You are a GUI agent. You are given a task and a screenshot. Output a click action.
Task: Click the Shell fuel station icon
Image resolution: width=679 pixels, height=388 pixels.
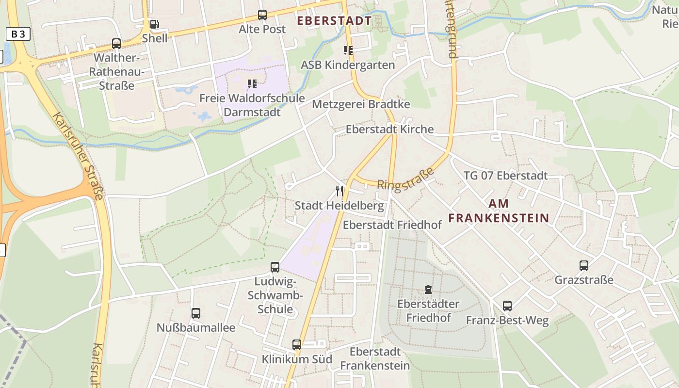point(154,24)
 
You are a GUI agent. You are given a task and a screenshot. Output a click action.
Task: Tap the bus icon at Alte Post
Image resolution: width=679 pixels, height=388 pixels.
point(262,15)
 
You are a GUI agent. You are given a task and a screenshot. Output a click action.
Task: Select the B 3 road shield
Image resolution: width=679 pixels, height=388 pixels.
point(18,34)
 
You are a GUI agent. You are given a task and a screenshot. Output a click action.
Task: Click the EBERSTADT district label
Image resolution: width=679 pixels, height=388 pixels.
point(334,21)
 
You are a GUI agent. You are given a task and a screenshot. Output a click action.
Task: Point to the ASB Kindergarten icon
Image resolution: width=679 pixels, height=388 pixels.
point(348,50)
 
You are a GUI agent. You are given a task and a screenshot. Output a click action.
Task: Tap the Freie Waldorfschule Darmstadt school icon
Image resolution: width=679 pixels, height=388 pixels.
point(252,84)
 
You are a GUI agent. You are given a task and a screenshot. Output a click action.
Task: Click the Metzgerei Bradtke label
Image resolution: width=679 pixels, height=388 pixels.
point(361,104)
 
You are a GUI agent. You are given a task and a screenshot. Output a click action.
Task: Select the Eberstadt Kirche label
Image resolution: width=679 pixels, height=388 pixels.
point(389,129)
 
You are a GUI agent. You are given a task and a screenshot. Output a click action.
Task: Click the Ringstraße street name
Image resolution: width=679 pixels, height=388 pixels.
point(405,178)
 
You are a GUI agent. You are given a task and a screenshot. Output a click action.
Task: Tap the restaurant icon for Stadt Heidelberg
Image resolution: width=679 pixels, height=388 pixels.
point(339,191)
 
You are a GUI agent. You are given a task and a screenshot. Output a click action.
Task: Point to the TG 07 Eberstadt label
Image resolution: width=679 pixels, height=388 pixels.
point(505,176)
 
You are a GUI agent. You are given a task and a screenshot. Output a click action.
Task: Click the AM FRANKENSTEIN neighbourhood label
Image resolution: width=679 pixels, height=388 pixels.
point(499,211)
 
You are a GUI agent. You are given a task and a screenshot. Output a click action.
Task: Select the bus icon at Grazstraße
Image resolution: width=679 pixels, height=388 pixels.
point(584,266)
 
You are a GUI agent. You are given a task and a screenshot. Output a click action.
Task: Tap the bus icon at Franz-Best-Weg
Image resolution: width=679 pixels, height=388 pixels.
point(507,306)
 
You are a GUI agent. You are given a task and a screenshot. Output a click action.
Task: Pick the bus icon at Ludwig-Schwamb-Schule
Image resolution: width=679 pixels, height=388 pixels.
point(275,267)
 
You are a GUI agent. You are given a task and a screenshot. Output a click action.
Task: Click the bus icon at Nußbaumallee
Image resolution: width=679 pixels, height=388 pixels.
point(196,313)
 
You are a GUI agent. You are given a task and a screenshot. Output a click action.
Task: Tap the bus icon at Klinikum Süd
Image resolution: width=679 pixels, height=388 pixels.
point(297,345)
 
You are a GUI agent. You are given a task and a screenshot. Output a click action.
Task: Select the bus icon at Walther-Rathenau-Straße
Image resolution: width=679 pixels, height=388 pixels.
point(116,44)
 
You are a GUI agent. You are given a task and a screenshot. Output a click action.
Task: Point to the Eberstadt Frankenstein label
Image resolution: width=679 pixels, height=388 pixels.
point(375,358)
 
